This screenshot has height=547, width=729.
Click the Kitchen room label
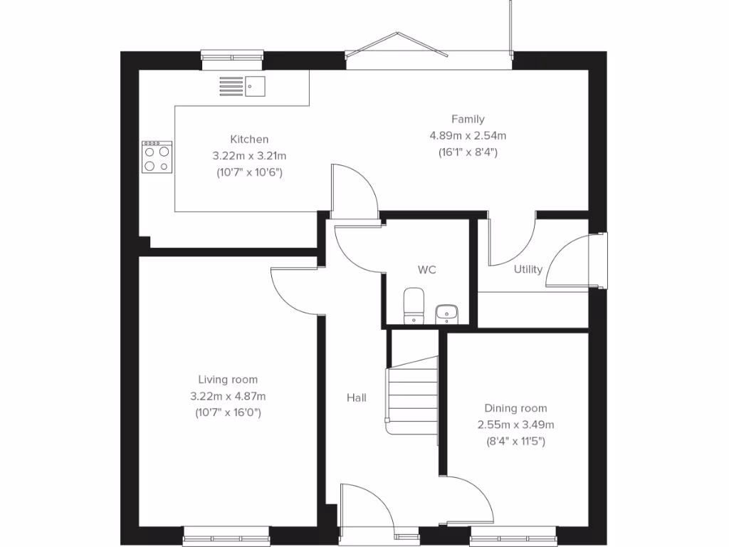point(248,139)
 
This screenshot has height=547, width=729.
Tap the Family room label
point(467,119)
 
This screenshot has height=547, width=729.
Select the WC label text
point(426,270)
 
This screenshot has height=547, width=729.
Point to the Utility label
point(528,269)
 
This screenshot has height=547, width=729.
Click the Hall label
point(356,397)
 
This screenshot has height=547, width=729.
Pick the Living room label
point(228,380)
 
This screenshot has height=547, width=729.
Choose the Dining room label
point(515,408)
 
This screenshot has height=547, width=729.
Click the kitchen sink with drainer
point(242,87)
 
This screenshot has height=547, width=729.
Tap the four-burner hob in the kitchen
point(157,157)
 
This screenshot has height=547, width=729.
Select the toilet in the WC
point(413,305)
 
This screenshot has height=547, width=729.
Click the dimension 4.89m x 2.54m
point(467,135)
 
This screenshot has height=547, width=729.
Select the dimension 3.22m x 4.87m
point(228,396)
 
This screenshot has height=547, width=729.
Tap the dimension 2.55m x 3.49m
point(515,424)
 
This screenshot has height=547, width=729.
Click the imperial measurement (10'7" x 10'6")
point(248,172)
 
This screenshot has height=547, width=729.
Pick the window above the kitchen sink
point(232,59)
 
